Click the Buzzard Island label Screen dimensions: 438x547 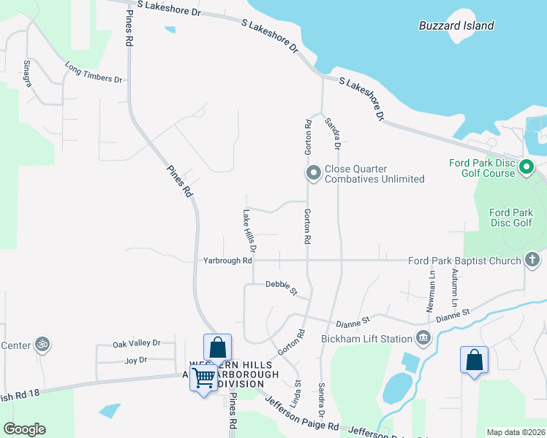[456, 26]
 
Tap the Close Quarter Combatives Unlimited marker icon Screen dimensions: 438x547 [313, 173]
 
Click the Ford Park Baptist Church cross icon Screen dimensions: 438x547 [532, 260]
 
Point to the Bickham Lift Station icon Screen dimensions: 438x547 [423, 337]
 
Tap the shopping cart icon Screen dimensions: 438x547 [203, 377]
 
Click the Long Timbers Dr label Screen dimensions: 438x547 [93, 74]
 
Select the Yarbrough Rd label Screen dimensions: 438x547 [227, 260]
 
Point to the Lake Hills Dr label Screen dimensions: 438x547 [247, 229]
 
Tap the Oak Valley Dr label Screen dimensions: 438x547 [136, 343]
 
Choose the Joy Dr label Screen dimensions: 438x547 [136, 360]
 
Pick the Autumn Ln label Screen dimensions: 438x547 [454, 288]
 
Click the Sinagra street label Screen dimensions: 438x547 [28, 74]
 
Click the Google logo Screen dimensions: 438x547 [24, 429]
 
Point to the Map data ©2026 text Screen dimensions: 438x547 [516, 432]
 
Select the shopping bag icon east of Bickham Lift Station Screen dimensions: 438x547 [474, 360]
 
